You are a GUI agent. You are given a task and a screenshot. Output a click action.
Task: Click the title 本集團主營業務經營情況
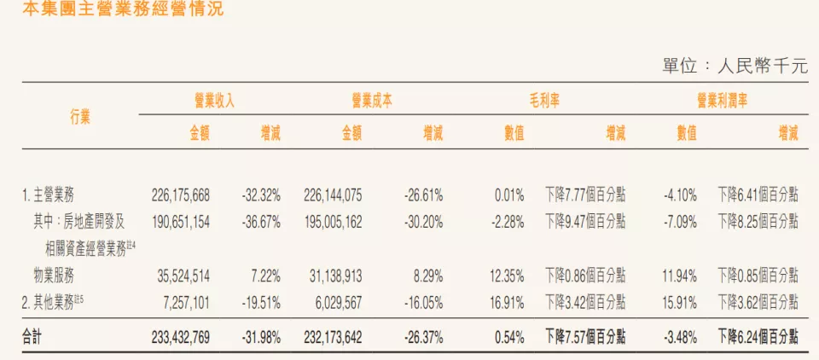point(111,10)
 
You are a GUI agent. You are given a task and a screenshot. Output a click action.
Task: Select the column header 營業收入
point(215,101)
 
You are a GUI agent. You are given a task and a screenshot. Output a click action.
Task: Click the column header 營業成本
point(372,101)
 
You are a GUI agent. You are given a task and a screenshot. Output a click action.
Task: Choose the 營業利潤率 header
point(722,101)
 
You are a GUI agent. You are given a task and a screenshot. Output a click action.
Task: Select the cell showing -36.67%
point(260,222)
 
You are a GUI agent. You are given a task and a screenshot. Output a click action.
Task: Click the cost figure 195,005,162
point(333,222)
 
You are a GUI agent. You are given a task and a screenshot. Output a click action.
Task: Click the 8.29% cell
point(425,276)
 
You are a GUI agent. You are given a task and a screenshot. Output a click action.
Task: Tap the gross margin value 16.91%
point(508,302)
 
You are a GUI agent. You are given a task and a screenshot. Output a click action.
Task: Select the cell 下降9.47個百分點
point(584,222)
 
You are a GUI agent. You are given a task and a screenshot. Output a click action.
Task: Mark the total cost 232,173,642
point(333,338)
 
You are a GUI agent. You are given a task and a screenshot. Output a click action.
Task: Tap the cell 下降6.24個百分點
point(758,338)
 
